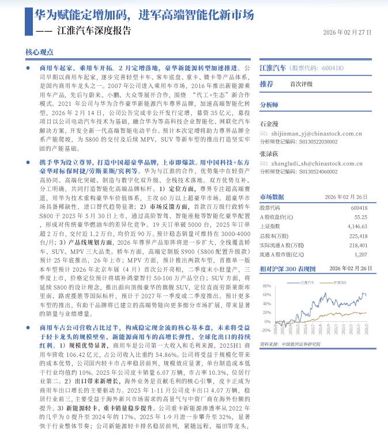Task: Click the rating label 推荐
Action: tap(266, 84)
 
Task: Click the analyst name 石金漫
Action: tap(269, 123)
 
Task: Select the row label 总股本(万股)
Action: tap(273, 235)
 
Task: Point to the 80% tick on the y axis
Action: tap(266, 286)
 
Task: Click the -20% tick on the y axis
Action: tap(266, 330)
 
